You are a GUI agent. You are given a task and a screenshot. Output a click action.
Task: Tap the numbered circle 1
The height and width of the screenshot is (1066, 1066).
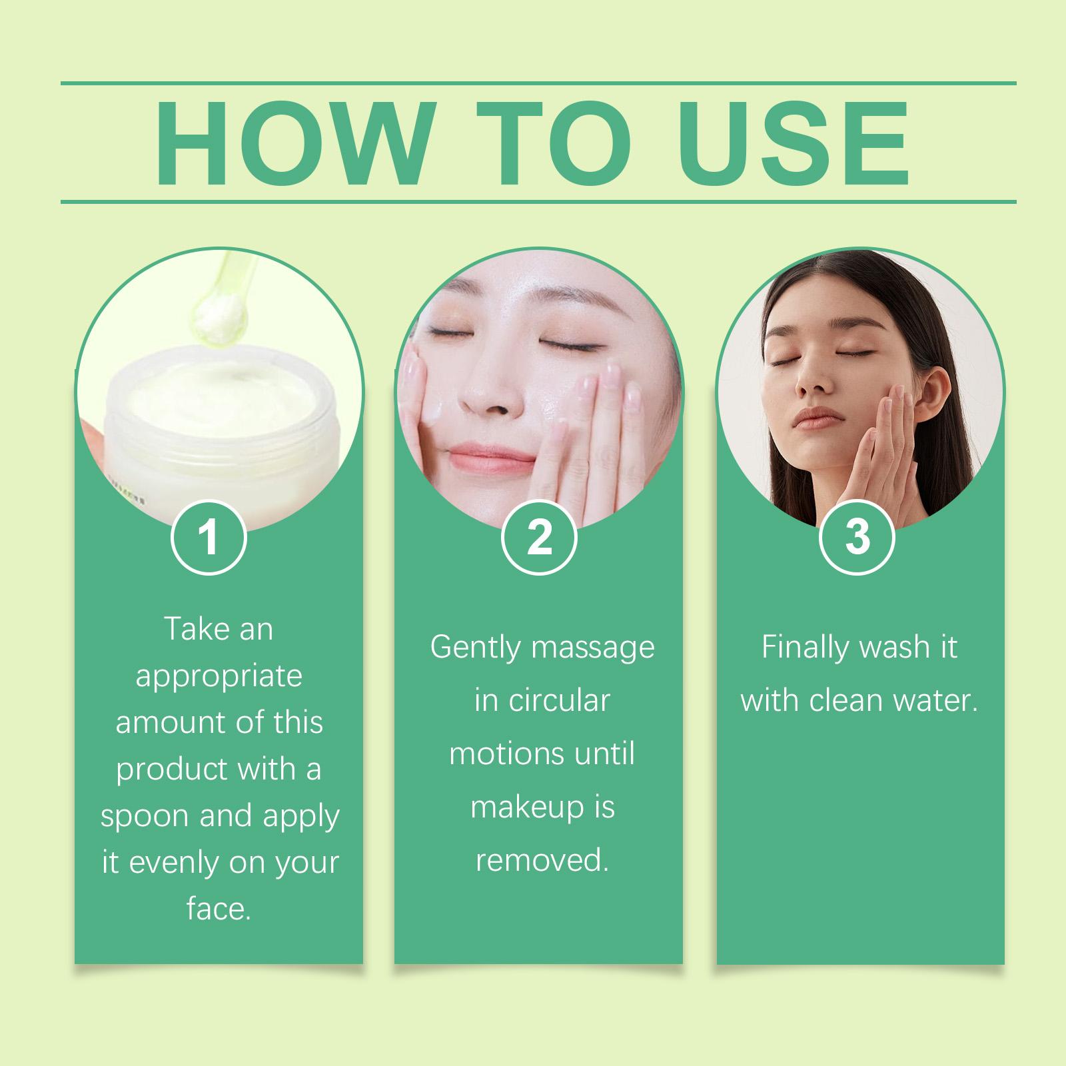[209, 538]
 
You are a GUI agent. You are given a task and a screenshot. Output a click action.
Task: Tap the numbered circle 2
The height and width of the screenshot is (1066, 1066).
[538, 538]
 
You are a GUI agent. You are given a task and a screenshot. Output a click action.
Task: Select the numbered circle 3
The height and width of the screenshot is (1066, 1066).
[857, 538]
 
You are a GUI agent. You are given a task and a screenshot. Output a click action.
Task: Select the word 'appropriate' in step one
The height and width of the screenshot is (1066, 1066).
[219, 677]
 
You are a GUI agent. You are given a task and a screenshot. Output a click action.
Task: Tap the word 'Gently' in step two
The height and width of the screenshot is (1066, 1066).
[474, 648]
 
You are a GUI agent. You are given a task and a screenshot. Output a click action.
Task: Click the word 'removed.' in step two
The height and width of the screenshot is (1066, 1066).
[542, 861]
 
